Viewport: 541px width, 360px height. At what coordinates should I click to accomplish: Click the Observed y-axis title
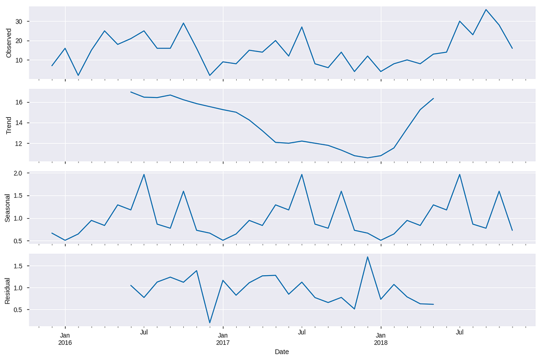coord(8,43)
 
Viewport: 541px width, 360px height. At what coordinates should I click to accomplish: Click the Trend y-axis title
coord(8,126)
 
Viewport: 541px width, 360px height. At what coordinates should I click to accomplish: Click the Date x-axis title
coord(282,352)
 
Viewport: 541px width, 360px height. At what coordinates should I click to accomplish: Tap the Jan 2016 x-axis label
coord(65,339)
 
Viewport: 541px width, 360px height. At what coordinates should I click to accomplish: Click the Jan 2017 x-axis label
coord(223,339)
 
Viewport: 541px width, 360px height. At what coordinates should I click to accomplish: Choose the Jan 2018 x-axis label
coord(381,339)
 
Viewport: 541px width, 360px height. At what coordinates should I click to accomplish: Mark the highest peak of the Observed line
coord(486,9)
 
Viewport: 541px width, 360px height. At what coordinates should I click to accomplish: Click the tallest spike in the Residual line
coord(368,257)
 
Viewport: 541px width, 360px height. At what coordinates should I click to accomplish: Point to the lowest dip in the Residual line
coord(210,323)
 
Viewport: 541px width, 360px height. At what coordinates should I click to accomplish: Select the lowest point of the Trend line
coord(368,158)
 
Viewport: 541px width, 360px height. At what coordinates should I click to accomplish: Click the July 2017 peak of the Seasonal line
coord(302,174)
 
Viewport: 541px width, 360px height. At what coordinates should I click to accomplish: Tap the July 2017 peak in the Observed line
coord(302,27)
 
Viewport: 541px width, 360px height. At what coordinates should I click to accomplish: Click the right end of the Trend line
coord(433,98)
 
